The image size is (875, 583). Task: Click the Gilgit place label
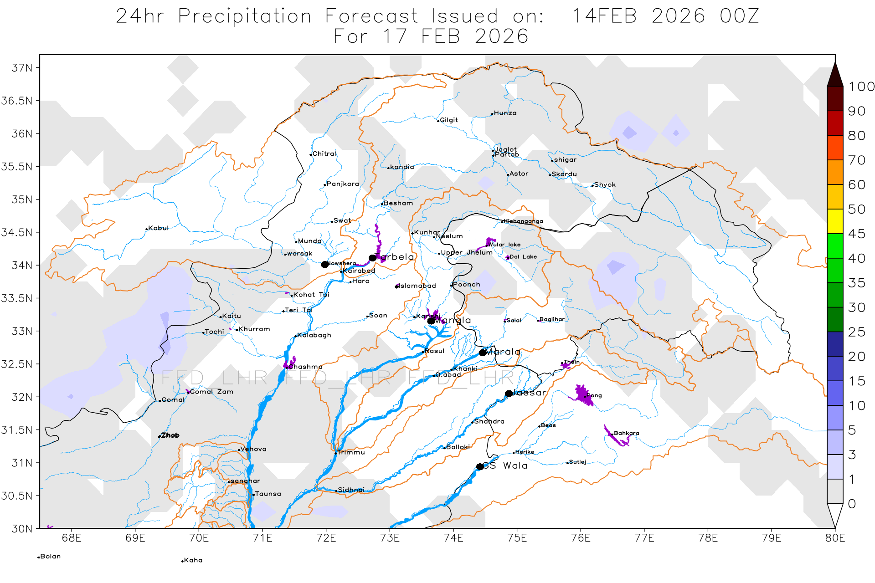pyautogui.click(x=448, y=120)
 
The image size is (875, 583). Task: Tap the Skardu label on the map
pyautogui.click(x=564, y=174)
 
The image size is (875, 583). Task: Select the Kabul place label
pyautogui.click(x=158, y=228)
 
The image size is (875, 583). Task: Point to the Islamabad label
pyautogui.click(x=417, y=286)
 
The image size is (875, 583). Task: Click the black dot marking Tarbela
pyautogui.click(x=372, y=258)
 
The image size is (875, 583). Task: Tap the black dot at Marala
pyautogui.click(x=483, y=353)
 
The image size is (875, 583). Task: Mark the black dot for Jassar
pyautogui.click(x=509, y=394)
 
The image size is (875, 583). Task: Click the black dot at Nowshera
pyautogui.click(x=324, y=265)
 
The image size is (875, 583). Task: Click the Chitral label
pyautogui.click(x=324, y=154)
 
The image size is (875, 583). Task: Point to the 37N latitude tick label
pyautogui.click(x=22, y=68)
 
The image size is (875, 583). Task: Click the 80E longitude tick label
pyautogui.click(x=835, y=538)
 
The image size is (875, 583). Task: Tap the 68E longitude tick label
pyautogui.click(x=72, y=538)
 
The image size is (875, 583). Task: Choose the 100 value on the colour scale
pyautogui.click(x=861, y=87)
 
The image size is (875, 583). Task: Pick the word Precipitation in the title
pyautogui.click(x=245, y=16)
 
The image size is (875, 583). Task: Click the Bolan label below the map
pyautogui.click(x=50, y=557)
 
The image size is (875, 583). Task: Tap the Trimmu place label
pyautogui.click(x=350, y=452)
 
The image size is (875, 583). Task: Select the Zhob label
pyautogui.click(x=170, y=435)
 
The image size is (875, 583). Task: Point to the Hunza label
pyautogui.click(x=505, y=113)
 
